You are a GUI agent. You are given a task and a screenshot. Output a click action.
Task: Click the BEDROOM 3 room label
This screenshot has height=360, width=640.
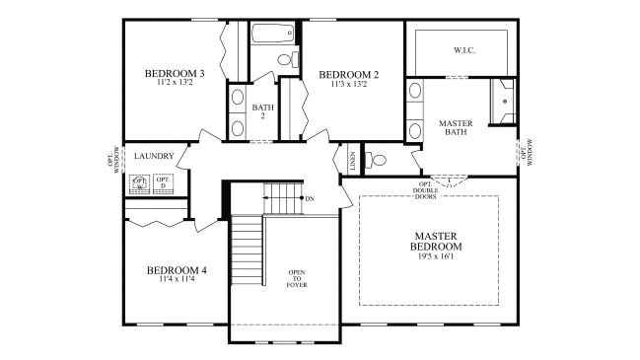click(x=175, y=73)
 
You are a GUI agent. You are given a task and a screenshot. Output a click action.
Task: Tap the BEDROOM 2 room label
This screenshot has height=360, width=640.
click(x=349, y=73)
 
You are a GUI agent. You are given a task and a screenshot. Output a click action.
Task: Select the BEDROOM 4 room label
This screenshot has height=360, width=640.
click(x=177, y=270)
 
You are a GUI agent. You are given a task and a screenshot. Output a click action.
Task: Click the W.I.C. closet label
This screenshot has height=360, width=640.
click(x=465, y=48)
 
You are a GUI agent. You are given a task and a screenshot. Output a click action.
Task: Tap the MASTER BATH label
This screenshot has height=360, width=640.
click(x=456, y=129)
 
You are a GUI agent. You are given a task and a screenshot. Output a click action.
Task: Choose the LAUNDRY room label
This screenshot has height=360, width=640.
click(x=155, y=156)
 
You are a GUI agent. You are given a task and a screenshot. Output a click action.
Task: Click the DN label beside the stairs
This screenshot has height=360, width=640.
click(x=310, y=199)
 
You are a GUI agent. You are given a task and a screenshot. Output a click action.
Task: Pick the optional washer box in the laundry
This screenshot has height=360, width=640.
click(x=139, y=183)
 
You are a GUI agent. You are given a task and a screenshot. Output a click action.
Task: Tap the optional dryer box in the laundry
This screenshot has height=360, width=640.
click(x=163, y=183)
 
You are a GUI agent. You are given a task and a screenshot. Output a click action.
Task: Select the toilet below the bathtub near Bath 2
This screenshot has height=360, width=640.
click(x=286, y=60)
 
